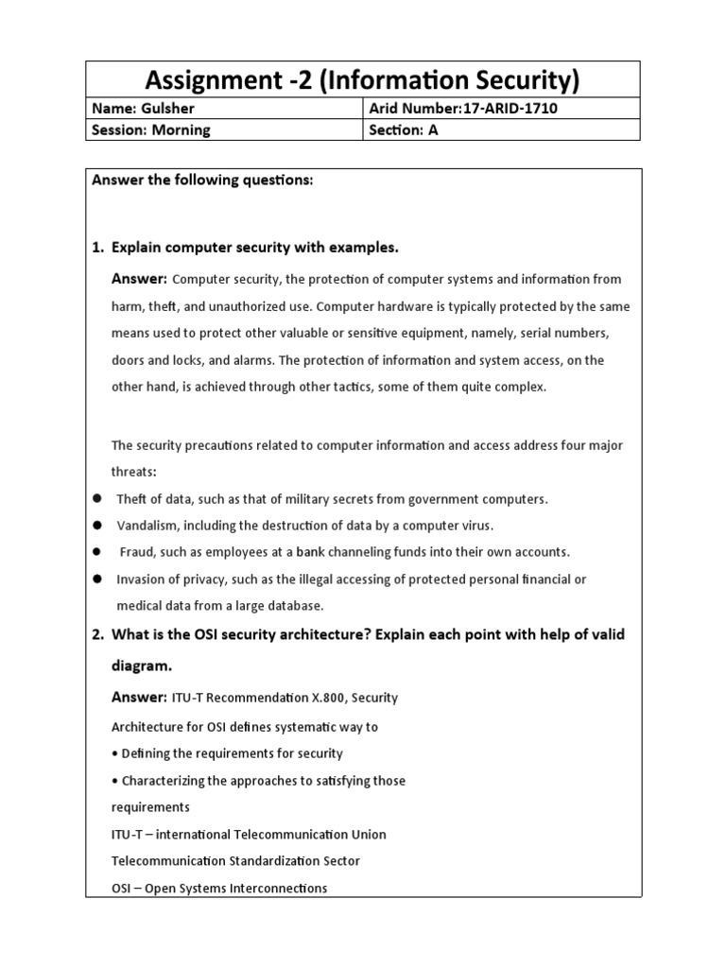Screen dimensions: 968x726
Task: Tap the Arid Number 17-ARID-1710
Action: coord(510,109)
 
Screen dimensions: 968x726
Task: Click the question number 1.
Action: coord(96,248)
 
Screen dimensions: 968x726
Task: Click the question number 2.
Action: coord(96,634)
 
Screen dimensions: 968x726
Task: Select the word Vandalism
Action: coord(146,526)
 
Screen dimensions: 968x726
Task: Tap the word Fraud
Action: coord(136,552)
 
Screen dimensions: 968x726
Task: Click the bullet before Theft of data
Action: coord(96,499)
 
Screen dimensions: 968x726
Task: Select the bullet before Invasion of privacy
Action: coord(96,579)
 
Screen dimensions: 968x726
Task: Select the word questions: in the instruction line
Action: coord(274,181)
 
